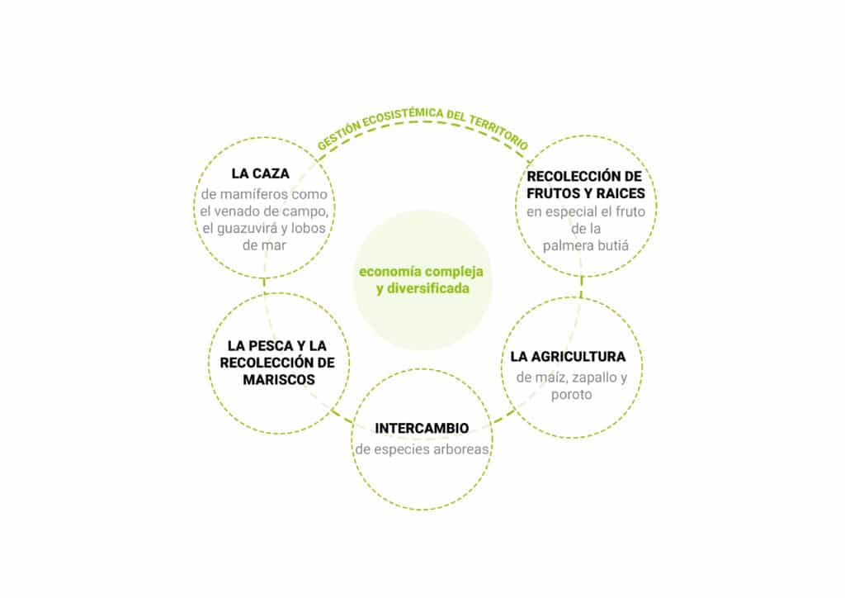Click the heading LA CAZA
[x=260, y=173]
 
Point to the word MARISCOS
[x=279, y=380]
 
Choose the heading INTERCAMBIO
[x=422, y=428]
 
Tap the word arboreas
[x=462, y=449]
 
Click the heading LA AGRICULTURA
[x=568, y=357]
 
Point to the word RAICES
[x=621, y=193]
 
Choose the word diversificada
[x=428, y=288]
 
